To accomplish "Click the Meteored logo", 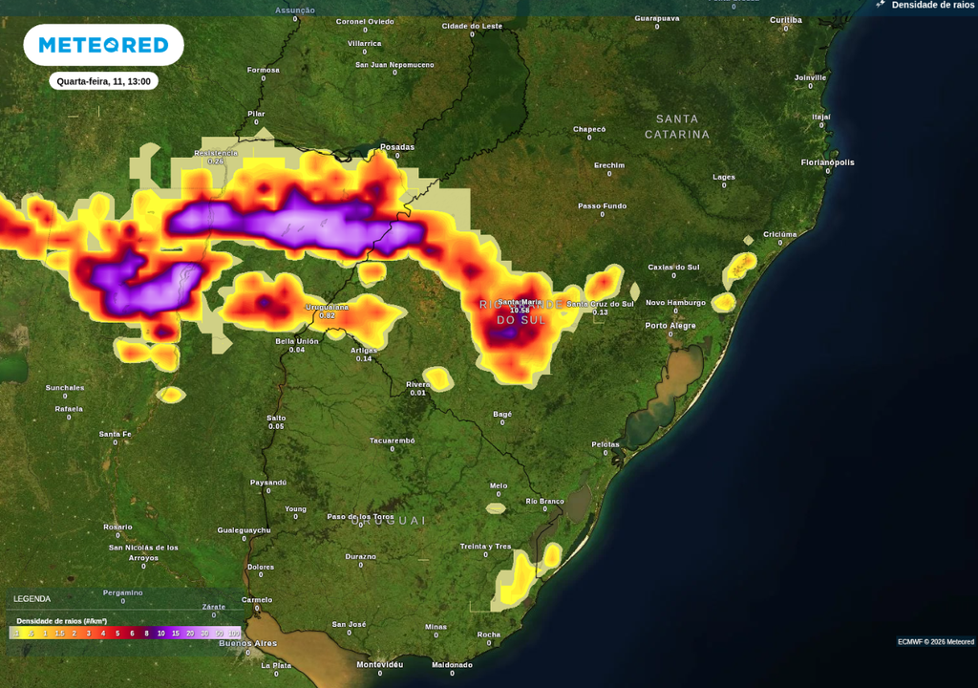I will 103,45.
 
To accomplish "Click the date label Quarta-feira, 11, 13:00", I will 103,81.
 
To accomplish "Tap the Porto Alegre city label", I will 670,325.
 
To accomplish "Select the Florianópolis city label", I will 827,162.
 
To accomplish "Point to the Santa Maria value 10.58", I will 520,311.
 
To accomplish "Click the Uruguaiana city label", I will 327,307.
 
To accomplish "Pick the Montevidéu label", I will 379,664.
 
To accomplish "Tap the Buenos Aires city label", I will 247,643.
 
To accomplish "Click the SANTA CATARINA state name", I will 677,126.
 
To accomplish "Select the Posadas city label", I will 397,146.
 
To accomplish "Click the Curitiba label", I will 786,19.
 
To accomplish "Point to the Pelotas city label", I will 606,443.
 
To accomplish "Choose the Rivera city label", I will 418,384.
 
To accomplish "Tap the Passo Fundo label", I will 602,205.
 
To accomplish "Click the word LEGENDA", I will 32,599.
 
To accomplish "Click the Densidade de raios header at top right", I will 932,5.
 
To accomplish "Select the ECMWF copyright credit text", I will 935,641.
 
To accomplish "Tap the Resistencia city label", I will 216,153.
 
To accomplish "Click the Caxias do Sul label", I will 673,267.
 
